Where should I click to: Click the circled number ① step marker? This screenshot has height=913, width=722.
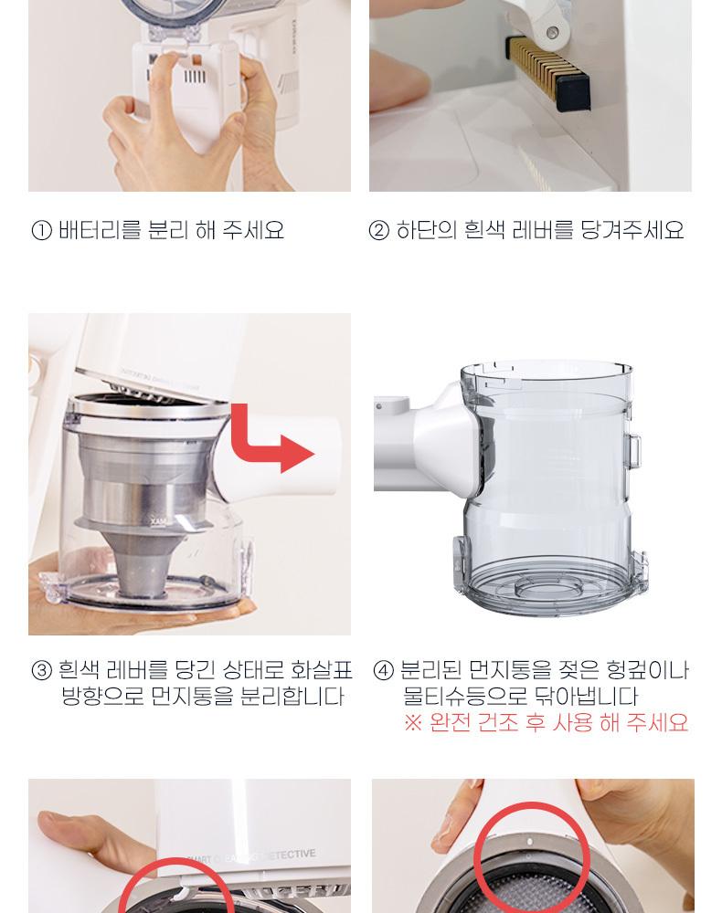[x=41, y=231]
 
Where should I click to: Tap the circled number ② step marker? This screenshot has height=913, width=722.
[x=378, y=231]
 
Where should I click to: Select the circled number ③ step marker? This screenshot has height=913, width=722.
[x=41, y=670]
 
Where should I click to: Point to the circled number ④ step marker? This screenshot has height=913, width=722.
[x=384, y=670]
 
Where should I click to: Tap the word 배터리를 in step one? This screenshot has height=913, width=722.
[x=100, y=231]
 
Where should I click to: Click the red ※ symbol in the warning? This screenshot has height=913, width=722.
[x=412, y=723]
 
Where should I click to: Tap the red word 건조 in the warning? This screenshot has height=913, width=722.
[x=497, y=723]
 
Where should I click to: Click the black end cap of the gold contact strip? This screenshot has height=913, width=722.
[x=573, y=93]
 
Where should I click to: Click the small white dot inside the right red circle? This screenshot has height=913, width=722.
[x=530, y=842]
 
